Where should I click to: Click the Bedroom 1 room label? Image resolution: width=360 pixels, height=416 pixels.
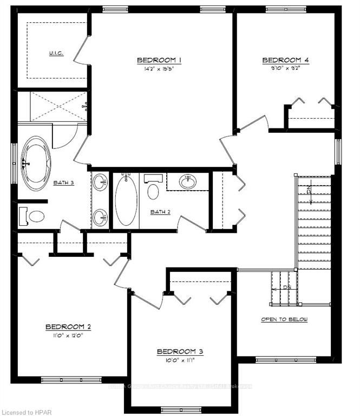click(159, 60)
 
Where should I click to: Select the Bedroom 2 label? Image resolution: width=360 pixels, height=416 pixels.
click(68, 327)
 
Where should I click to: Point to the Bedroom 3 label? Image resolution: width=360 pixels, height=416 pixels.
click(180, 352)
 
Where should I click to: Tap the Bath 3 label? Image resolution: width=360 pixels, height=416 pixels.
click(63, 183)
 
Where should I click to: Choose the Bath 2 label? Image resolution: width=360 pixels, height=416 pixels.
click(160, 211)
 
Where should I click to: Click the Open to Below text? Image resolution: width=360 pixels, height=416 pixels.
click(284, 320)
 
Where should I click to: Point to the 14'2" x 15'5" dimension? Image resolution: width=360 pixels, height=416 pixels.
click(159, 69)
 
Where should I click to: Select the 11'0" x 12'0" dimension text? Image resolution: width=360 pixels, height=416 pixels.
click(68, 335)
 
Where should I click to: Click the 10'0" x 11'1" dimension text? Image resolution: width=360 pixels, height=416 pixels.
click(180, 360)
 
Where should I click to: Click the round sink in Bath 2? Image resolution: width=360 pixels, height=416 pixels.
click(188, 181)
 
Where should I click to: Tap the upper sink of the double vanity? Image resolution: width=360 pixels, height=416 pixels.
click(100, 182)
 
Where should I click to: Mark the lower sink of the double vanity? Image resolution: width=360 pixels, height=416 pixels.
click(100, 218)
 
